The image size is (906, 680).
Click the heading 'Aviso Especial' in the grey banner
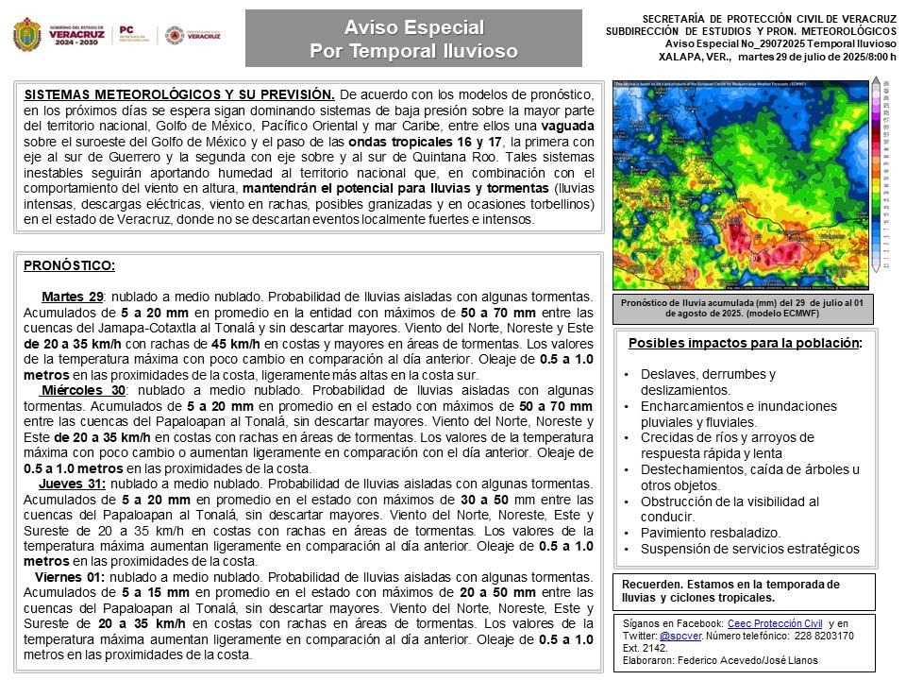click(x=413, y=26)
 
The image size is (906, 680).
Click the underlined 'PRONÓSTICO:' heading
click(x=69, y=265)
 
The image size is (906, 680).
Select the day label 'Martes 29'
click(x=72, y=297)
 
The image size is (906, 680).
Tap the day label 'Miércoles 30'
click(x=83, y=390)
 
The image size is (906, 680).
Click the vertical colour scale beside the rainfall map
click(x=876, y=174)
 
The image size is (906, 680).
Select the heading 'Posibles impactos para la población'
click(x=743, y=343)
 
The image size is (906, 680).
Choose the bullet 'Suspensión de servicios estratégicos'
click(x=749, y=549)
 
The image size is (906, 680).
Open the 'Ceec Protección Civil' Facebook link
click(x=774, y=623)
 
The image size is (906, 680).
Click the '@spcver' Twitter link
click(x=679, y=636)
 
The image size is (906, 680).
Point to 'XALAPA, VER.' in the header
click(x=694, y=57)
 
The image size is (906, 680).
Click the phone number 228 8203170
click(x=821, y=636)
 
